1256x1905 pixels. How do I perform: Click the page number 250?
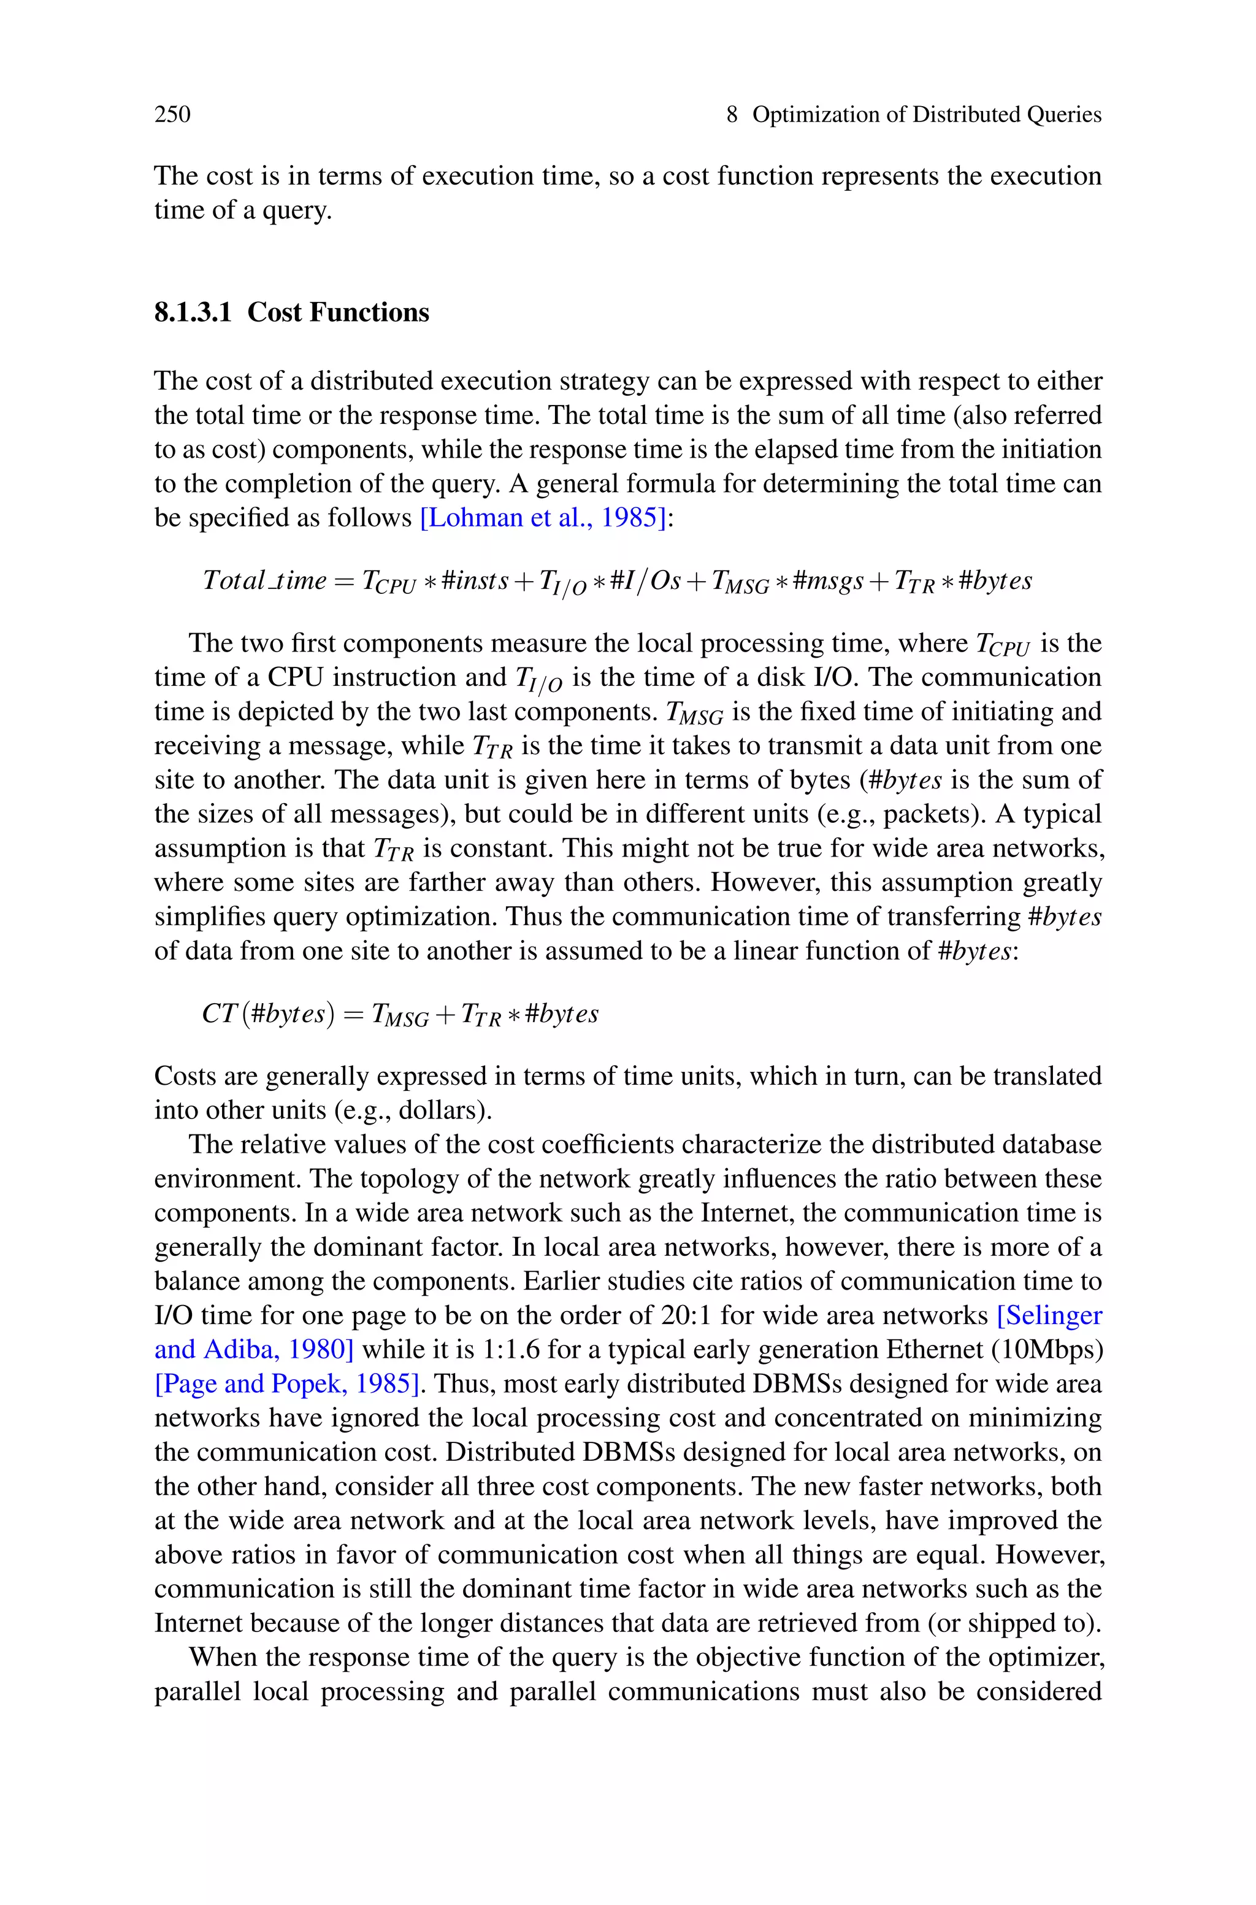[172, 115]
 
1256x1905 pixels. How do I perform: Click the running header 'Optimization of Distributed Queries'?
[926, 115]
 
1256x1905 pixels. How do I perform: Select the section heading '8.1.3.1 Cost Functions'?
[291, 312]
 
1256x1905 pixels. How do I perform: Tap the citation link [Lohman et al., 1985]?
[543, 518]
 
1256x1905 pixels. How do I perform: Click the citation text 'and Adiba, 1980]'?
[253, 1349]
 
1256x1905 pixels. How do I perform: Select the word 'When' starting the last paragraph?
[220, 1657]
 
